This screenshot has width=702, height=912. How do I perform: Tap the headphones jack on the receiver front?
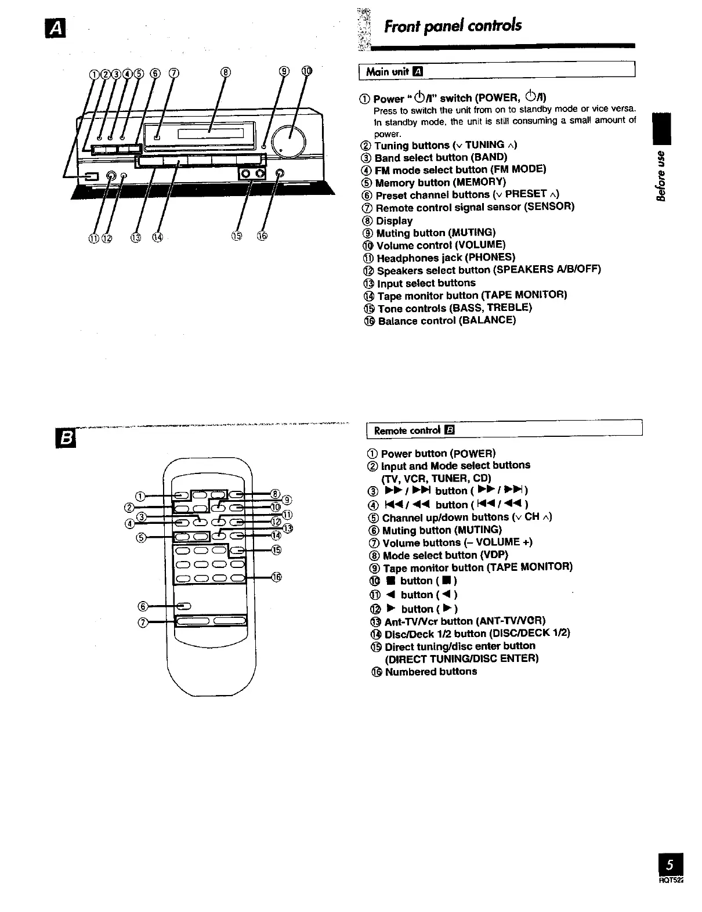click(x=112, y=175)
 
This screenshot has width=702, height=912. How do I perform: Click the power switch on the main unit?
click(x=90, y=177)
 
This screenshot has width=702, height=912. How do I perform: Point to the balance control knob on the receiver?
click(x=281, y=173)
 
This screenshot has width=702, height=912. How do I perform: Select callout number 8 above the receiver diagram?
click(x=225, y=73)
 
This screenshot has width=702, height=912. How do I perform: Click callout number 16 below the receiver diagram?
click(x=262, y=236)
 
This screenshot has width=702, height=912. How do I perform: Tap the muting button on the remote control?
click(x=183, y=607)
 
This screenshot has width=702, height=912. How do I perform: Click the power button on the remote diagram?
click(x=181, y=495)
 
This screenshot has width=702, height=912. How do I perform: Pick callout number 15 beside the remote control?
click(x=276, y=550)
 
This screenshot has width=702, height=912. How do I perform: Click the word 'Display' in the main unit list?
click(x=394, y=220)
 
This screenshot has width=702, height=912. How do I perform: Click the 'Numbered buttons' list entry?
click(x=430, y=671)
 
